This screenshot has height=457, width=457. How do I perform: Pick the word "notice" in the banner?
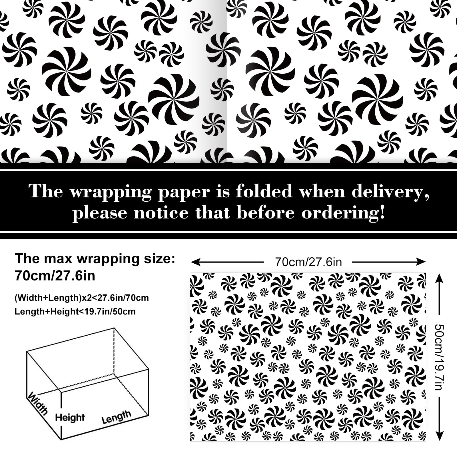coord(161,213)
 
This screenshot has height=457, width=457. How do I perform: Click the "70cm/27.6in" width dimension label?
coord(308,262)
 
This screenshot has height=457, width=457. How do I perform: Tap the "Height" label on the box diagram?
coord(70,417)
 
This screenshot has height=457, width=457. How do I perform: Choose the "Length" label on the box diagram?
coord(116,417)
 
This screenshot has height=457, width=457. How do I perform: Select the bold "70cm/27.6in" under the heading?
coord(55,276)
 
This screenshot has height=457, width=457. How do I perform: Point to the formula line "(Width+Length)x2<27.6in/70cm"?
coord(82,298)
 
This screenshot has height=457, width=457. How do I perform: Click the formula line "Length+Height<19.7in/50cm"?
coord(75,311)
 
